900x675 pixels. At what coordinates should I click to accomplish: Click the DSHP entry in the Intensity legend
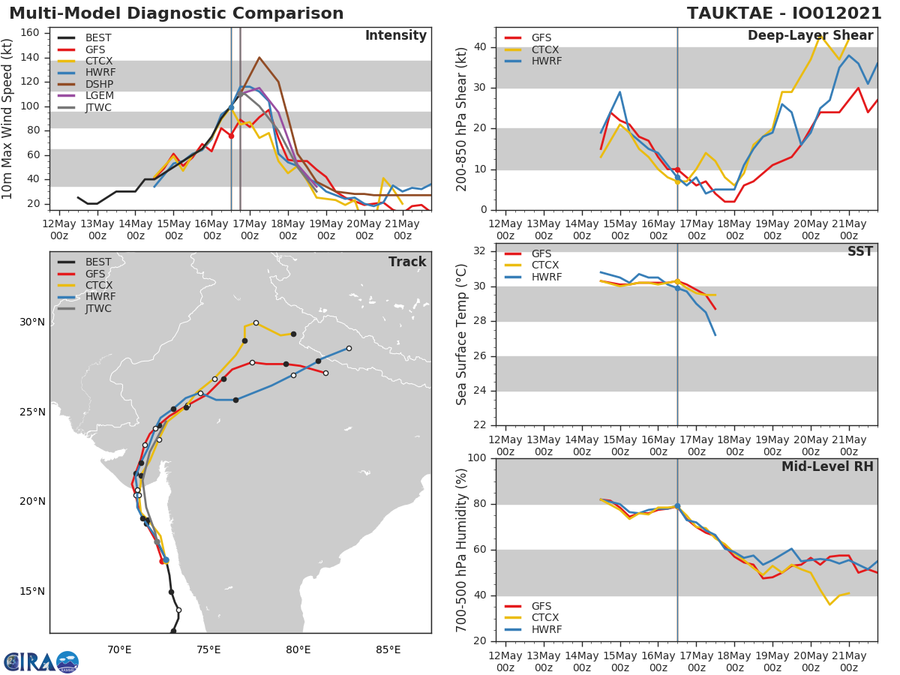[98, 84]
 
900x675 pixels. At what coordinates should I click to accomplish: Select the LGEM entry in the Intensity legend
[98, 96]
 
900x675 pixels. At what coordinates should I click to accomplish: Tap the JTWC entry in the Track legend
[98, 309]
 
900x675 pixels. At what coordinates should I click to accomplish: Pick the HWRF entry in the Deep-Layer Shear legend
[546, 61]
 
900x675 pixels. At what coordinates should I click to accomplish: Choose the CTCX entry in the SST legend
[546, 266]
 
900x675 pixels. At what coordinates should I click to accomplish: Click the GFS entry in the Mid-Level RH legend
[546, 606]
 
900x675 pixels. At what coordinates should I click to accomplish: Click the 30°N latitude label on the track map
[32, 322]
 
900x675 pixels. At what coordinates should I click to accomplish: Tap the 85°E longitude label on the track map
[388, 649]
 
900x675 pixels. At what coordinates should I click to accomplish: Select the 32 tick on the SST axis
[480, 251]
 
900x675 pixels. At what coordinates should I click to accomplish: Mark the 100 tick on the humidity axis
[477, 458]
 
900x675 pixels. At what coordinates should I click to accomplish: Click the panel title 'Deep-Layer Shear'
[810, 36]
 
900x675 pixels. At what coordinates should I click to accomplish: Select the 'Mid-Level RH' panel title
[827, 466]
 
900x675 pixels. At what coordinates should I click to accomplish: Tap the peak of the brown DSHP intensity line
[259, 57]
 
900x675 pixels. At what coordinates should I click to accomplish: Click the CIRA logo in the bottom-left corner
[41, 661]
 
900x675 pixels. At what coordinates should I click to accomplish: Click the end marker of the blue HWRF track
[349, 348]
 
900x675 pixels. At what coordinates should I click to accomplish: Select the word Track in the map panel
[407, 262]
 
